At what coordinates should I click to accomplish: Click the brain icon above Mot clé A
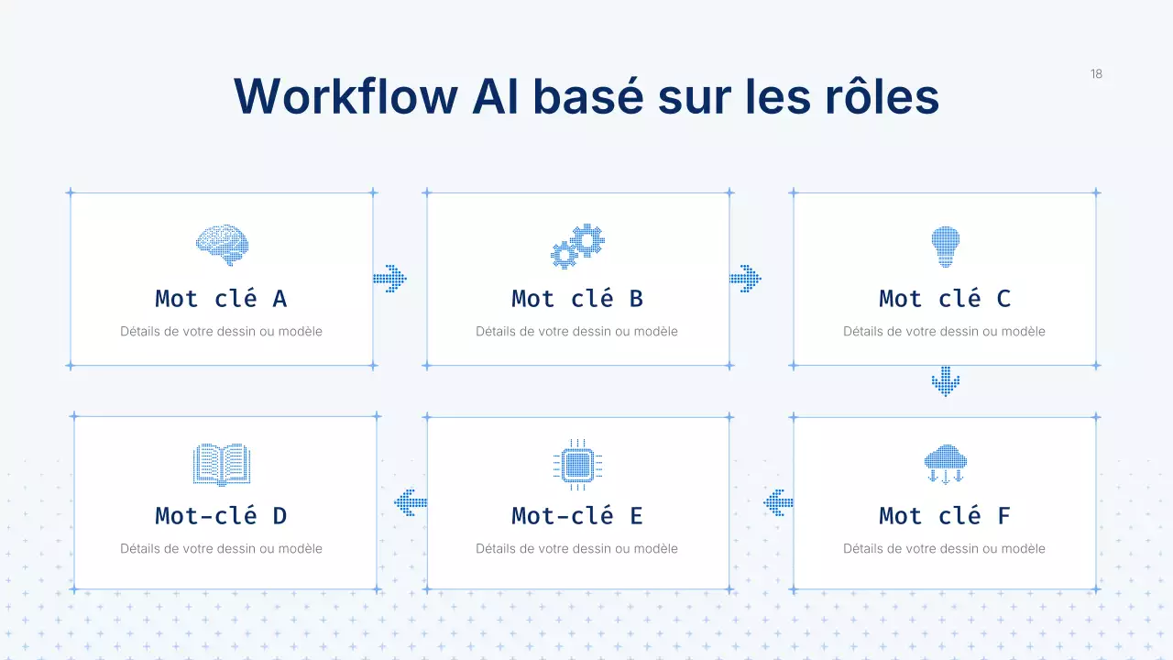(x=222, y=246)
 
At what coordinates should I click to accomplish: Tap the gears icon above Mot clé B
(x=577, y=246)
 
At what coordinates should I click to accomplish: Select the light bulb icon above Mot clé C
(x=945, y=246)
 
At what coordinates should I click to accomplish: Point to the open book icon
(x=222, y=465)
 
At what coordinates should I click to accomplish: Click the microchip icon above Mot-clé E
(x=577, y=465)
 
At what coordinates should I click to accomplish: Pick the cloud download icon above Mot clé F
(x=945, y=464)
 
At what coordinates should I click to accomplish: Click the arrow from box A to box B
(x=389, y=279)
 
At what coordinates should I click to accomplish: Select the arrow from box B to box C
(x=745, y=279)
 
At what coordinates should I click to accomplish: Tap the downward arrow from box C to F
(x=945, y=381)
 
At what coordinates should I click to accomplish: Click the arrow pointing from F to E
(x=778, y=502)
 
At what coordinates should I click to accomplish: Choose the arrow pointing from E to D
(x=411, y=502)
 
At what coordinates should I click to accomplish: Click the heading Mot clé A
(x=221, y=299)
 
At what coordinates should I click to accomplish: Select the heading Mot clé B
(x=577, y=299)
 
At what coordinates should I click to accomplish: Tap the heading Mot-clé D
(x=221, y=516)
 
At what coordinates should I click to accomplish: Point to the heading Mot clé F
(x=945, y=516)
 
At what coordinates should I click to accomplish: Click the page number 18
(x=1096, y=74)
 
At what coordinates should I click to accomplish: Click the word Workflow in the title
(x=345, y=96)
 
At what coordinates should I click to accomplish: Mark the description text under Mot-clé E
(x=577, y=549)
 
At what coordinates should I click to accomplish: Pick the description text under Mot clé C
(x=945, y=332)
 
